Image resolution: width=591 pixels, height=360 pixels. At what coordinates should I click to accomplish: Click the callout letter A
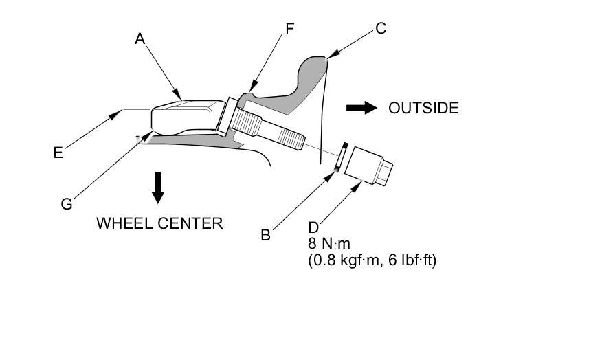point(140,39)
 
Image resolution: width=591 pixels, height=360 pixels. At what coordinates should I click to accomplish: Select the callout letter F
point(289,29)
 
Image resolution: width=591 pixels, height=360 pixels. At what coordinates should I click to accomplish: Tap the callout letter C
point(381,29)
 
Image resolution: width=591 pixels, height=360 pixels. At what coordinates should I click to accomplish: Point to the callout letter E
point(58,153)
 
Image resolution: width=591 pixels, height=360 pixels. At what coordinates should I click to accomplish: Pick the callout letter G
point(67,204)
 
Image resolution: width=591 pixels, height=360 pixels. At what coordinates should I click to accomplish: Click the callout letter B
point(266,235)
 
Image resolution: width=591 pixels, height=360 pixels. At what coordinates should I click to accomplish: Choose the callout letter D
point(313,227)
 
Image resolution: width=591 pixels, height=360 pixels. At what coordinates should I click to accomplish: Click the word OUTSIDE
point(423,108)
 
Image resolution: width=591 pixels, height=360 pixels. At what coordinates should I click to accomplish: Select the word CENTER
point(190,223)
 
